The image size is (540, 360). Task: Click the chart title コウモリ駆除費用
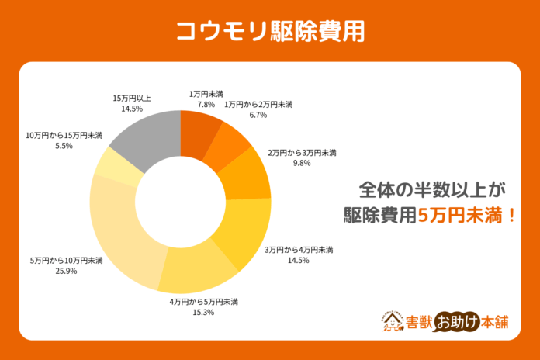click(269, 30)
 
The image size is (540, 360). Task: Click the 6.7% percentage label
click(258, 115)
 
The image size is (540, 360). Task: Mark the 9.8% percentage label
click(300, 164)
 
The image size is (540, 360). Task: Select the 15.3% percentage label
click(203, 312)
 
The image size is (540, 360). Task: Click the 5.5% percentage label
click(64, 146)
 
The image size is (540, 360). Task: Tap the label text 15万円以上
click(132, 99)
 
